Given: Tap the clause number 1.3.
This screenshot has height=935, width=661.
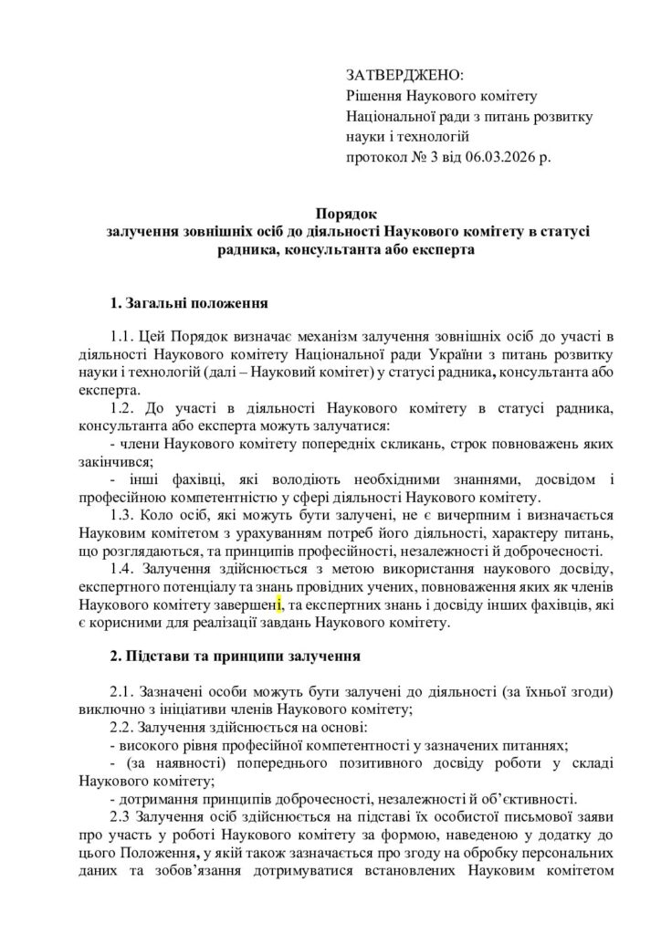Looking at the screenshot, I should coord(122,515).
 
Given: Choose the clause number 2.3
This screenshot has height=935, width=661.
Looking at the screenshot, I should coord(120,814).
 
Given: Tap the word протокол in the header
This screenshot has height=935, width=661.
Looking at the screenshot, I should coord(375,158).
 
